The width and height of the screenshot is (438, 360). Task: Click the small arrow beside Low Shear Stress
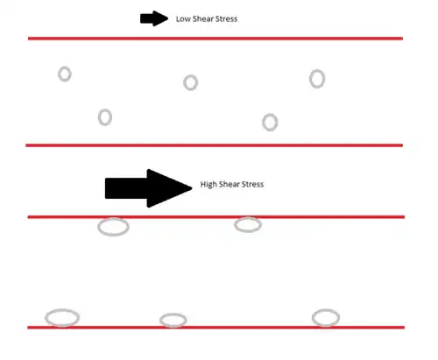[x=154, y=18]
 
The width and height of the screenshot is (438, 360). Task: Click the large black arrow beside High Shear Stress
[x=148, y=188]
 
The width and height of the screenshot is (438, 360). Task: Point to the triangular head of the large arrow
[x=169, y=188]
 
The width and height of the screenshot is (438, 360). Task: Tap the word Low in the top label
[x=183, y=19]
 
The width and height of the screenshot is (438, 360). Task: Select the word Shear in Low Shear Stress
[x=202, y=19]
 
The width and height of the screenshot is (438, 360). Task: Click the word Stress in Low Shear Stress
[x=226, y=19]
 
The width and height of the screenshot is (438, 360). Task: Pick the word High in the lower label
[x=208, y=185]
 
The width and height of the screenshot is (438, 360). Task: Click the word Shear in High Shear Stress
[x=230, y=184]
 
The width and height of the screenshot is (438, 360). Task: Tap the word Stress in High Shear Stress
[x=252, y=184]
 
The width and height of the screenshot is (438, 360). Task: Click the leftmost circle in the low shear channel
[x=59, y=74]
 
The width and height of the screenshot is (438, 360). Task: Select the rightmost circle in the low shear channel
[x=310, y=79]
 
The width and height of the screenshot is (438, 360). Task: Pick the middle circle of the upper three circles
[x=184, y=82]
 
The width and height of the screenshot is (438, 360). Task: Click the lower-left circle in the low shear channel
[x=99, y=117]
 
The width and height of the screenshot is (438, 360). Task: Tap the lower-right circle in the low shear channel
[x=263, y=123]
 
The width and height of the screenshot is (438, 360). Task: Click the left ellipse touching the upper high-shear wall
[x=98, y=227]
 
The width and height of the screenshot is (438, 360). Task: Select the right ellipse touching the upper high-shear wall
[x=235, y=225]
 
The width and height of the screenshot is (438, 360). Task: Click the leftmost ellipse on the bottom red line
[x=46, y=318]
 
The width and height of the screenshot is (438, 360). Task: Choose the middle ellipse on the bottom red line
[x=160, y=321]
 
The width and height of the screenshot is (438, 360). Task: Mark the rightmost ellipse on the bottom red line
[x=313, y=318]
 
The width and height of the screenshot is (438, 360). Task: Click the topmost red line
[x=215, y=39]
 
